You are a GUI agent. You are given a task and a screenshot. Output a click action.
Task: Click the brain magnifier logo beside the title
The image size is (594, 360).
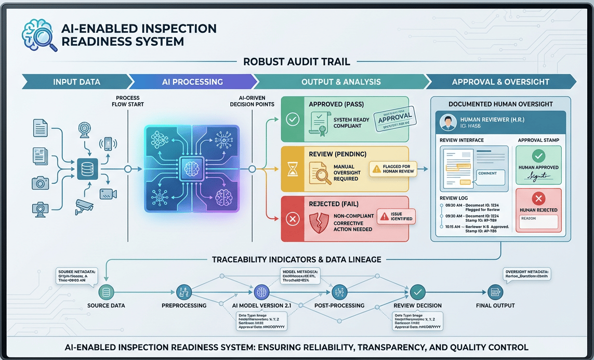point(39,34)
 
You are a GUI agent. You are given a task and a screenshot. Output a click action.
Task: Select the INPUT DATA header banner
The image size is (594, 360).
point(77,82)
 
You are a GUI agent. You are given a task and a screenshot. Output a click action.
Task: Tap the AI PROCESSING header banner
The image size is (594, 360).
point(193,82)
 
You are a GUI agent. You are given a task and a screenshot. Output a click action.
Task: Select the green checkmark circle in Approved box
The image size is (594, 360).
point(293,119)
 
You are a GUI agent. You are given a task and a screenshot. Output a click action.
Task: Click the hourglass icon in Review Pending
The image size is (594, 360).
point(293,169)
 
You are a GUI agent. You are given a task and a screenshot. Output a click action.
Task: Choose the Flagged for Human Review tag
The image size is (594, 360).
point(393,169)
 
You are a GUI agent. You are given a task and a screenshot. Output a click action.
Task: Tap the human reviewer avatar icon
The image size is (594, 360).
point(448,123)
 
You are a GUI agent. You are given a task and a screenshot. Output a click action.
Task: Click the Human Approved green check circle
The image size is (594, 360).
point(538,156)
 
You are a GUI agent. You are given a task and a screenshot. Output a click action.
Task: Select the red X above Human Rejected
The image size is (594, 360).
point(538,198)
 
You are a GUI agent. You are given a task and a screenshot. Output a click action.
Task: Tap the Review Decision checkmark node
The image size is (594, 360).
point(417,291)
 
